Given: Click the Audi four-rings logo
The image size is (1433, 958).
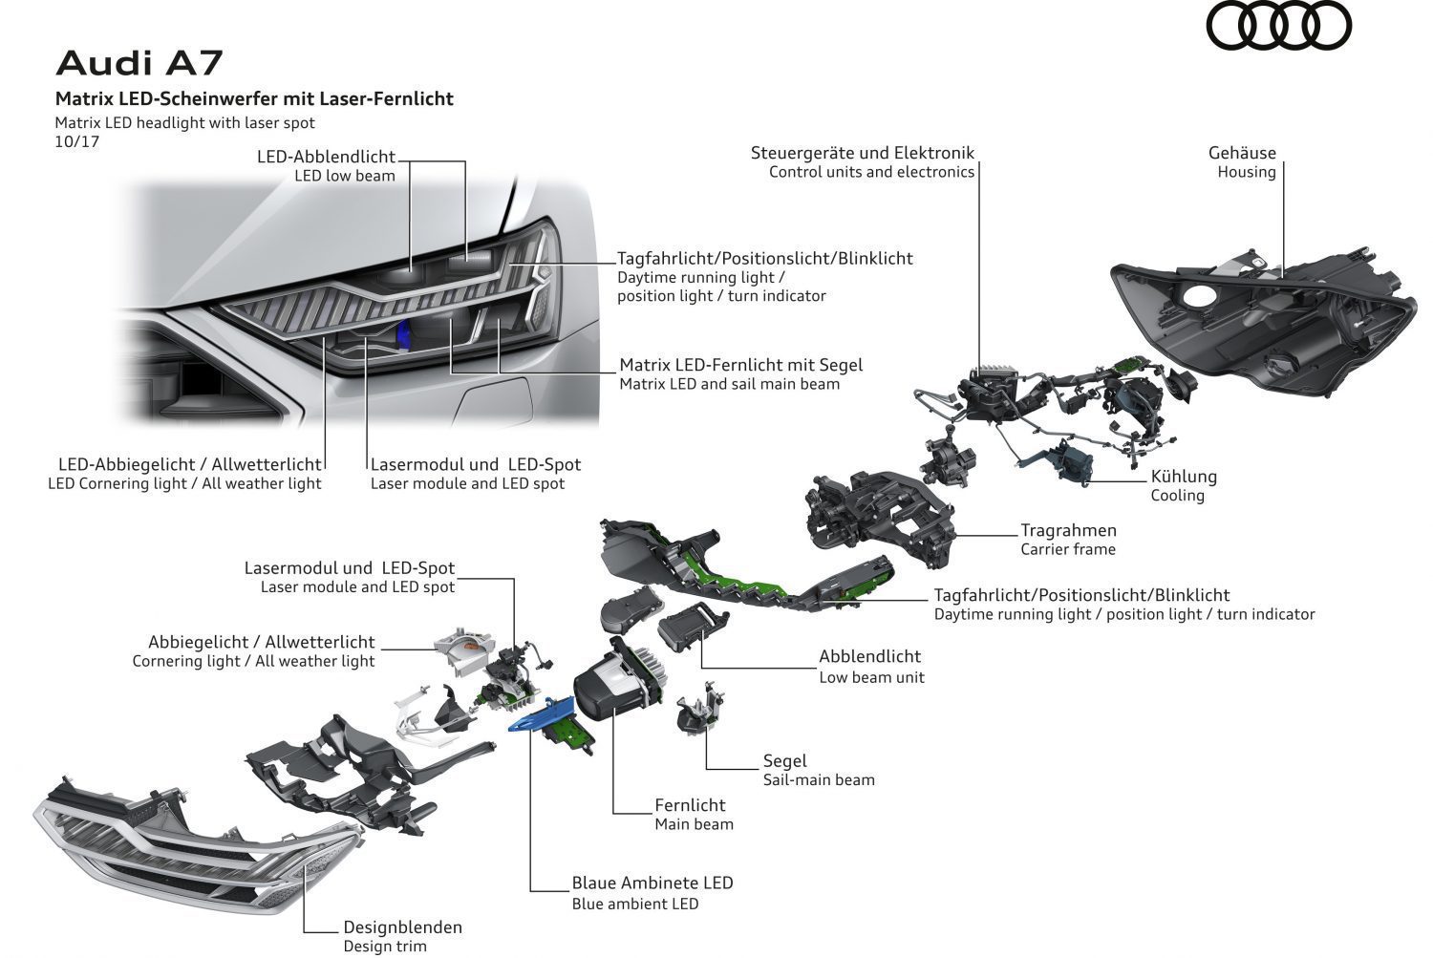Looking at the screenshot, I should pos(1279,26).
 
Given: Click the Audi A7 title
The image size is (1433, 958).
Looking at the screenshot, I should pos(139,62).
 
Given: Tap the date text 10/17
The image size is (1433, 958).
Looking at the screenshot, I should pos(76,141).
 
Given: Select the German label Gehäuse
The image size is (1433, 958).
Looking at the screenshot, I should pos(1242,153).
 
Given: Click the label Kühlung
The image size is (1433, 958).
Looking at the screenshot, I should pos(1184,476).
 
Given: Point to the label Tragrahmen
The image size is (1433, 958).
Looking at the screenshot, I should pos(1068,530).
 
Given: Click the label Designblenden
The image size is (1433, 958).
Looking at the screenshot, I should pos(402,926).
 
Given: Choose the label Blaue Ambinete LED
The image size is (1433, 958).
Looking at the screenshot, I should pos(652,883).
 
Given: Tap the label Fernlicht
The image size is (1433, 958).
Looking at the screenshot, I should pos(690,805).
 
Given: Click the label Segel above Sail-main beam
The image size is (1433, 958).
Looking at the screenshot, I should pos(784,760).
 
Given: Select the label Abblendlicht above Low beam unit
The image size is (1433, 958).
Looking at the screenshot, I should pos(869,656).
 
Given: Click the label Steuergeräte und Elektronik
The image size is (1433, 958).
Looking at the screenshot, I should pos(862,153).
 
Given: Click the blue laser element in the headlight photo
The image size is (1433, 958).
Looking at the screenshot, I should pos(403,331).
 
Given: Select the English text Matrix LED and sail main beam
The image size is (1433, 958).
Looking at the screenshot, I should pos(729,384).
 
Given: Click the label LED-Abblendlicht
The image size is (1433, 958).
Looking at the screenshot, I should pos(326,157).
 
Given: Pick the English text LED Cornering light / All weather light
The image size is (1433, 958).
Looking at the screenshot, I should pos(184,483).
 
